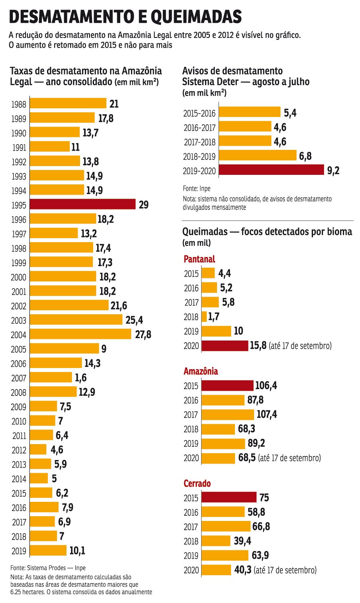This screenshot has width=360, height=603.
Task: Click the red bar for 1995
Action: (x=83, y=204)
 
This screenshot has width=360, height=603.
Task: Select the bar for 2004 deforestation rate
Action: (x=80, y=334)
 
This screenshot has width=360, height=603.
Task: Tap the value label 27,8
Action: (x=143, y=334)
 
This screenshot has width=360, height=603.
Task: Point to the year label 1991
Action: (x=19, y=148)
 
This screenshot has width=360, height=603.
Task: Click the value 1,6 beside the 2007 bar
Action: (x=80, y=378)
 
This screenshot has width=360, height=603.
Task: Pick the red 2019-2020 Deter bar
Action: (x=272, y=170)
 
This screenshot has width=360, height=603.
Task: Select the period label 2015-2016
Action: (x=199, y=114)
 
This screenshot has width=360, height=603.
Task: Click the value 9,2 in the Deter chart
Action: (x=333, y=171)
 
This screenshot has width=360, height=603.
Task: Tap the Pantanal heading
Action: (x=199, y=259)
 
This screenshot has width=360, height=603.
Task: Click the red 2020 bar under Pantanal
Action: (x=225, y=345)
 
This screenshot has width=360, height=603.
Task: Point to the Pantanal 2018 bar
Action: (x=204, y=317)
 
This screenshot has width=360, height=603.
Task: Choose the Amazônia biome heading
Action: (x=201, y=372)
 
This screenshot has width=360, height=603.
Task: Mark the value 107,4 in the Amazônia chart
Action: (x=267, y=415)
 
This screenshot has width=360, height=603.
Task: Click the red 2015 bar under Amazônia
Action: (x=227, y=386)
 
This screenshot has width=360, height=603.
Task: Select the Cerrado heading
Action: (x=197, y=484)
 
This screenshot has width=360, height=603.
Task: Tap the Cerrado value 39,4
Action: (x=243, y=541)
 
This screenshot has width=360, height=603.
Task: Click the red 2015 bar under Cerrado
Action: (x=229, y=497)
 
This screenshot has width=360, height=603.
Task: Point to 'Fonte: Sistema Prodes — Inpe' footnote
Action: (x=48, y=568)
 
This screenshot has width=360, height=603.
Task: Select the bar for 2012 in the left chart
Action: (x=38, y=450)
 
